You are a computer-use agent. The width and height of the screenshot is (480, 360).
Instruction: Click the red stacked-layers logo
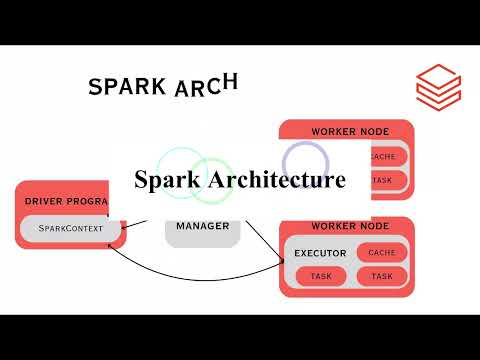pos(438,84)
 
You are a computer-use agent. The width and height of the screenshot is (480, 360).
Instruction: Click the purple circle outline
pos(305,160)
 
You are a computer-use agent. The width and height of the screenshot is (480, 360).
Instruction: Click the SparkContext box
pos(69,229)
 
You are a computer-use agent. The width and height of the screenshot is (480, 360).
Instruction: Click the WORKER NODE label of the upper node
pos(346,131)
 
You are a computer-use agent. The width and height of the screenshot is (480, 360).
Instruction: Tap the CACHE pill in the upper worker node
pos(384,157)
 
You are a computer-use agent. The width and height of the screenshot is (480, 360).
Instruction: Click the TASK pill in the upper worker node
pos(384,180)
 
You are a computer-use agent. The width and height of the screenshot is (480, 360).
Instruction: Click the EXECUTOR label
pos(320,253)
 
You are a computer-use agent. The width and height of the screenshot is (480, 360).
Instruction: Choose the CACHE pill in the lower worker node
pos(382,252)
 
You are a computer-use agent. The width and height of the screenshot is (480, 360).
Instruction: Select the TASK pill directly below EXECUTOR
pos(321,276)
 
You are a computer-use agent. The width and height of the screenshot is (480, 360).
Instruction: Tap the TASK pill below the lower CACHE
pos(382,276)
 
